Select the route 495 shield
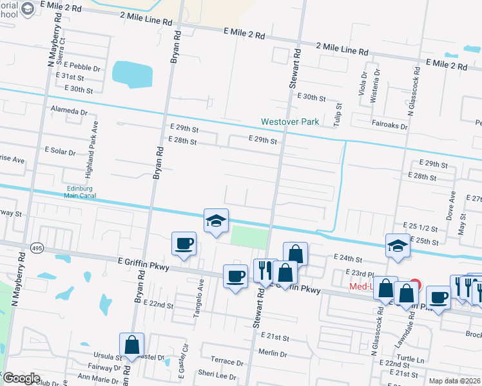[37, 247]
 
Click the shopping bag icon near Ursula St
[131, 345]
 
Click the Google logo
[21, 378]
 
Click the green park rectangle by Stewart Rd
[249, 236]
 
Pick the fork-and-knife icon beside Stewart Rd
[265, 270]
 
